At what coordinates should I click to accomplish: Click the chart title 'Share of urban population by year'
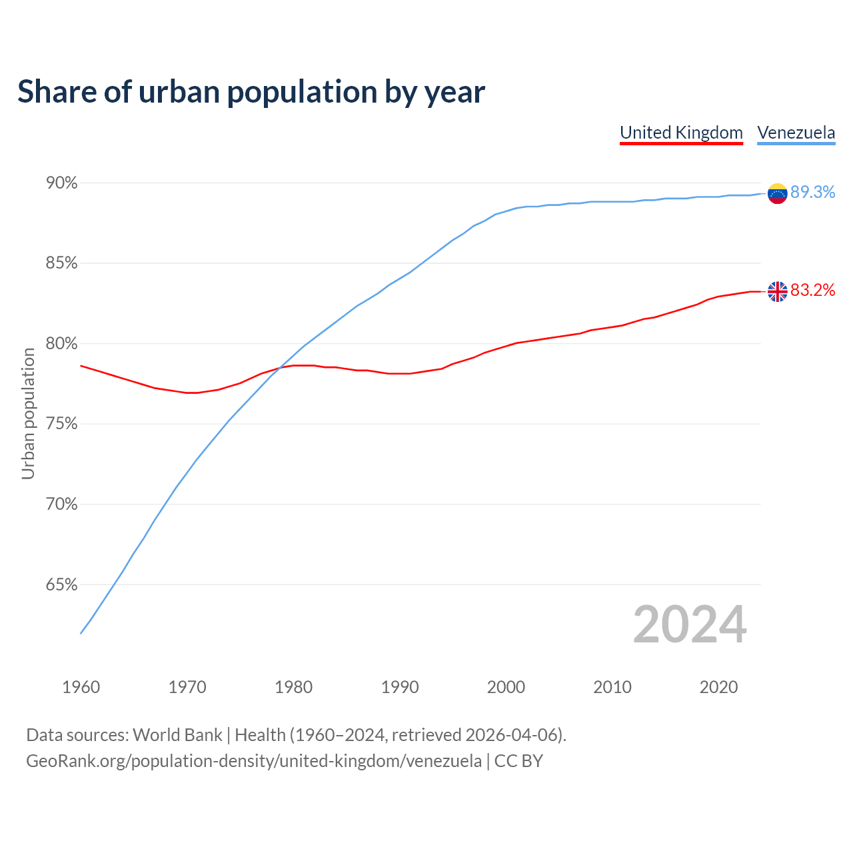(251, 92)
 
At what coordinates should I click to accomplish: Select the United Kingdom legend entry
(681, 133)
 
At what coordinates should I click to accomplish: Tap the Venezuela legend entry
(796, 133)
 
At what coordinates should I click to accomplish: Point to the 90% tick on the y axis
(62, 183)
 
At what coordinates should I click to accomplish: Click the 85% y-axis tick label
(62, 263)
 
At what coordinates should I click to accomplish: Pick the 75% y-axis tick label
(62, 425)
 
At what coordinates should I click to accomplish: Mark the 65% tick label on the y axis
(62, 585)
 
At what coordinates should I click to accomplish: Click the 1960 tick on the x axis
(81, 687)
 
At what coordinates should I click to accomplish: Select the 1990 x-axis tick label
(400, 687)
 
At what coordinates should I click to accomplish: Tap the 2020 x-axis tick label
(718, 687)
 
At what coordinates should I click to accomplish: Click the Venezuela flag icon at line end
(777, 193)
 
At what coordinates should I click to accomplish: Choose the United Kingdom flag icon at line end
(777, 291)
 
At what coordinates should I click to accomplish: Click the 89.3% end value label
(812, 193)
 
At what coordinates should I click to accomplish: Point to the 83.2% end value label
(812, 291)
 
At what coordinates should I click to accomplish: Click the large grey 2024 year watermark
(690, 624)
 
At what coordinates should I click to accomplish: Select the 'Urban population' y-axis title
(28, 413)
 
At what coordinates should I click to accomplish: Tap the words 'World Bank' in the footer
(177, 735)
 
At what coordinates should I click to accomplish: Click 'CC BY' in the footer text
(518, 761)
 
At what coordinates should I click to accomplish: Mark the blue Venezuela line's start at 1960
(81, 632)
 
